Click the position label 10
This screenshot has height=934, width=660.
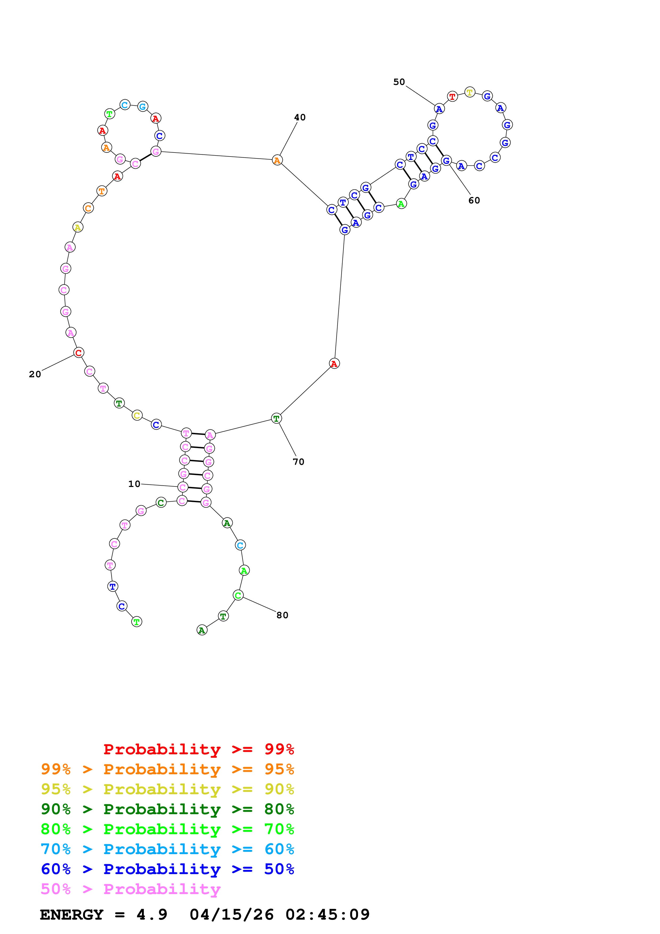click(134, 484)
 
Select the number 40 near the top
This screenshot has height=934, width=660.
click(300, 117)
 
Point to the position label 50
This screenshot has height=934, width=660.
click(399, 82)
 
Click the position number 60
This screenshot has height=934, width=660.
click(474, 200)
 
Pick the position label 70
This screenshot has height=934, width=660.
click(298, 462)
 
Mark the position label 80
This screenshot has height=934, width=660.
click(282, 615)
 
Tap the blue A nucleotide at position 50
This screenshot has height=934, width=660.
click(439, 109)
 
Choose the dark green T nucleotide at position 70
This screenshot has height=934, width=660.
click(277, 418)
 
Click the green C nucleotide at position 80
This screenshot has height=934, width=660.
click(238, 595)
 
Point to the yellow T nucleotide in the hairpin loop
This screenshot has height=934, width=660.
click(470, 92)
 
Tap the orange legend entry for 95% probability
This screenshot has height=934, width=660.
click(167, 769)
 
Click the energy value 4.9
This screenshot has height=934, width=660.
click(152, 915)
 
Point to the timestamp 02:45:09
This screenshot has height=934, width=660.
click(327, 915)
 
